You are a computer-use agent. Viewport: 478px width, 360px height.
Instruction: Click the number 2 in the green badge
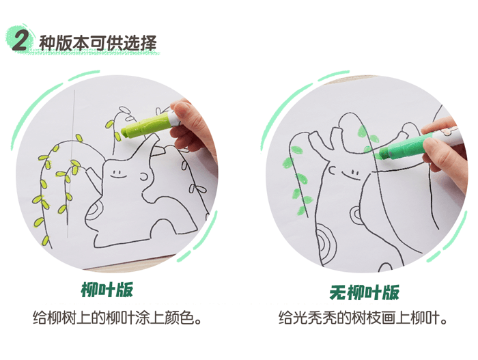point(20,40)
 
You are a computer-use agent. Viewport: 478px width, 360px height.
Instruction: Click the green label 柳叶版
point(107,290)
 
